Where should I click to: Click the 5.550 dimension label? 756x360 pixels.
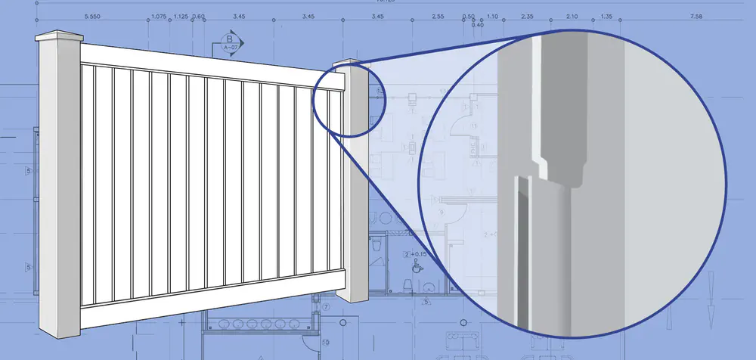point(93,16)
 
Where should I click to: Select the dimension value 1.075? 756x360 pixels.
point(159,16)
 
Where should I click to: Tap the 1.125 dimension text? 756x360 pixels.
point(181,16)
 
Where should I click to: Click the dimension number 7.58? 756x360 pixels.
point(696,16)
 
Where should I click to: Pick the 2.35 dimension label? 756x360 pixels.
point(528,16)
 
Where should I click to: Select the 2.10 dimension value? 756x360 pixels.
point(572,16)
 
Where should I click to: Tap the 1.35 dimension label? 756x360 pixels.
point(606,16)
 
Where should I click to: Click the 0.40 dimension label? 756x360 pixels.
point(477,25)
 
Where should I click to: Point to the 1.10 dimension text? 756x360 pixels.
point(492,16)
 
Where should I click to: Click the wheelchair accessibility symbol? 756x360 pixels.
point(415,267)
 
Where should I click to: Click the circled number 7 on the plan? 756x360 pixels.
point(326,308)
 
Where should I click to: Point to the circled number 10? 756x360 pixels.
point(326,341)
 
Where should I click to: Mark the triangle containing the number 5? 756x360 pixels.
point(426,301)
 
